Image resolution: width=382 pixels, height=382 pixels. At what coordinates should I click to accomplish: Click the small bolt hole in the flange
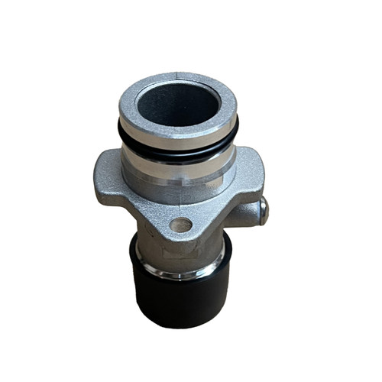click(181, 225)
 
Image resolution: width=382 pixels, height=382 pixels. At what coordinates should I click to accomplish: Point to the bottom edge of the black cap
click(181, 324)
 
